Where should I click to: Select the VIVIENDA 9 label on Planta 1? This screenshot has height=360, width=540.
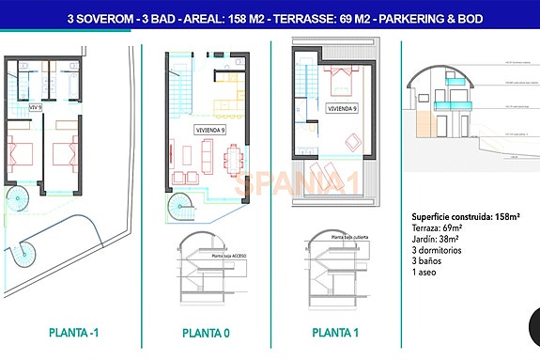(342, 108)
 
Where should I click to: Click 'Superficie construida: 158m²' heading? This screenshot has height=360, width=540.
(466, 215)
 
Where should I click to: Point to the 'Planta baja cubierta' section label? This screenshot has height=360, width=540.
(342, 239)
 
